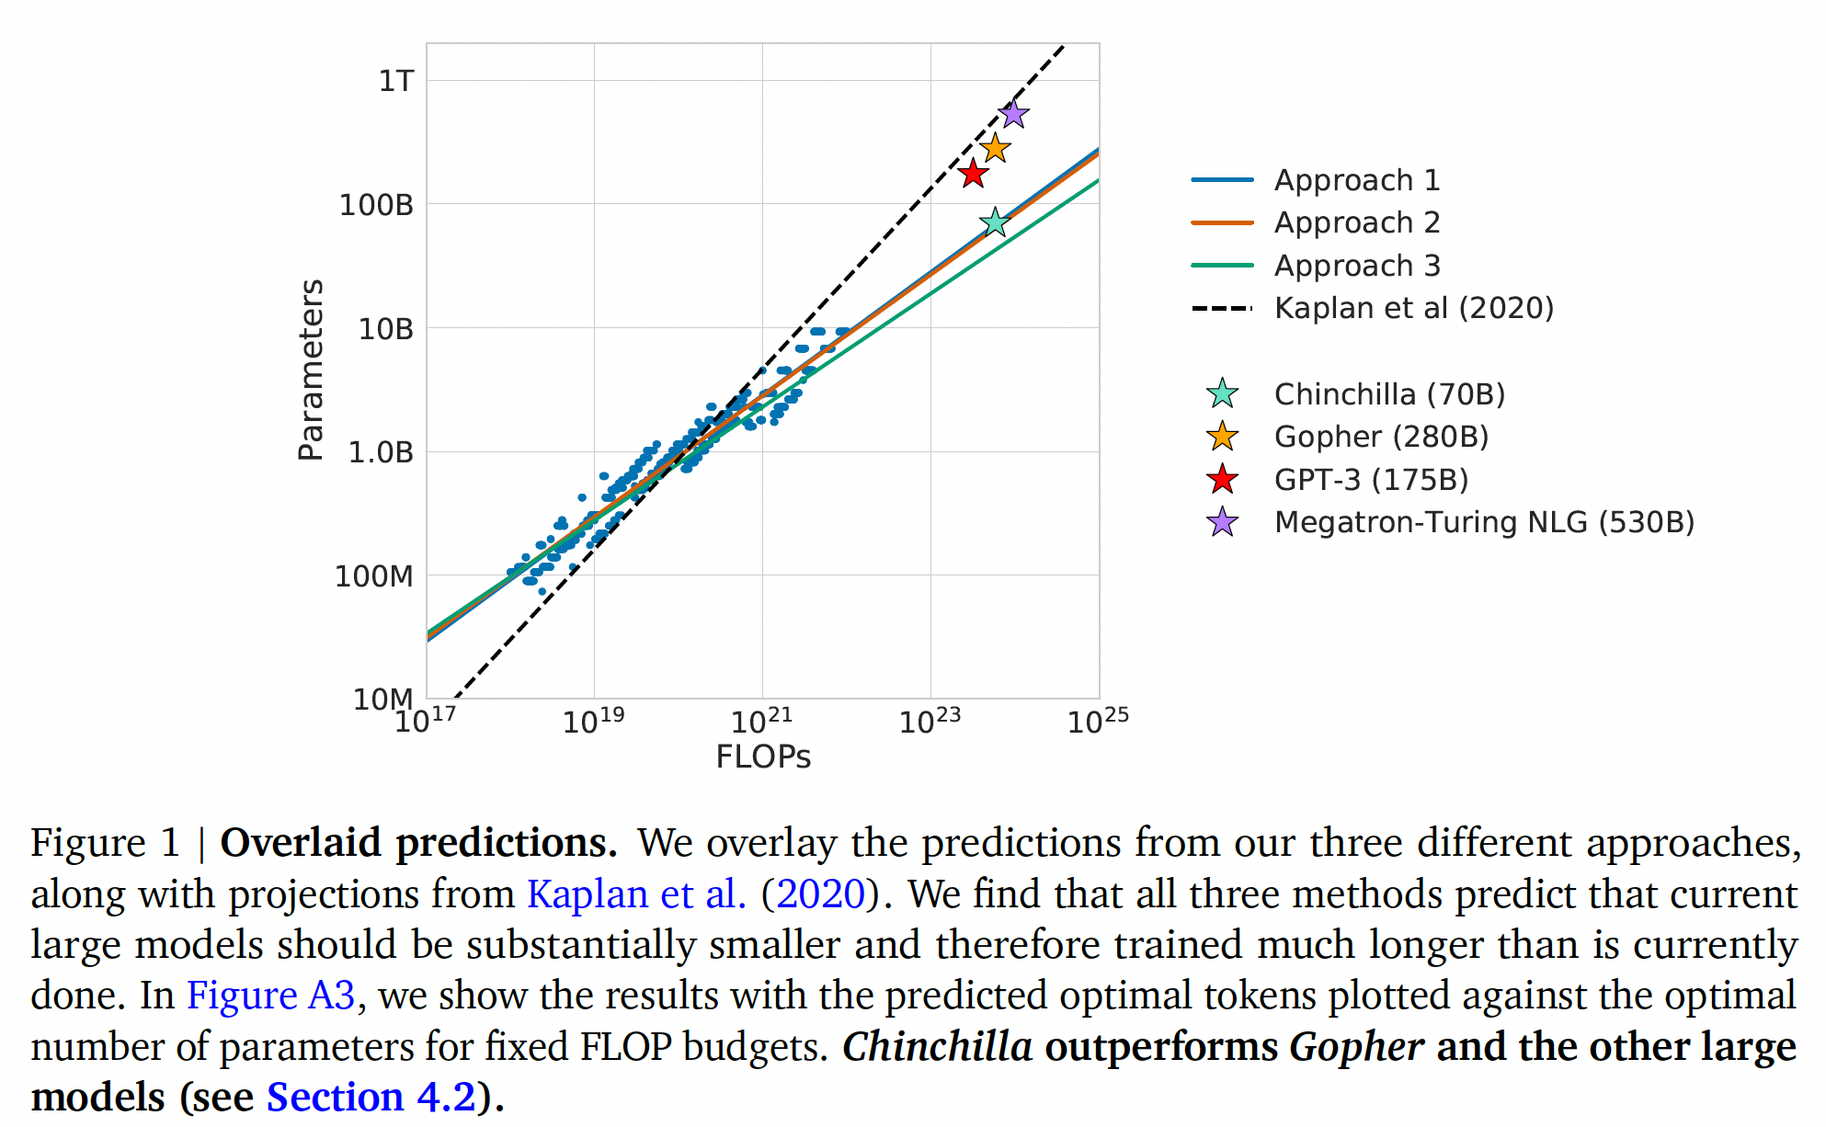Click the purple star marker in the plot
tap(1013, 114)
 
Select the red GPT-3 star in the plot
tap(973, 173)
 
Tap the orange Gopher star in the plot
tap(995, 147)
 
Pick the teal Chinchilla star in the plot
tap(995, 222)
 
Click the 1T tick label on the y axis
tap(396, 81)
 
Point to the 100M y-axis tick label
tap(374, 576)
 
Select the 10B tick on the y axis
tap(386, 329)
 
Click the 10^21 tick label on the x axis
tap(760, 721)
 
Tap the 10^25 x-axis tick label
tap(1097, 721)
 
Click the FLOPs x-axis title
tap(763, 757)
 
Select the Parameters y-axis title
tap(312, 370)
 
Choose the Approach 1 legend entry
tap(1356, 180)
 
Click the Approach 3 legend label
tap(1356, 266)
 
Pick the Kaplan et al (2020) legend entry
tap(1413, 308)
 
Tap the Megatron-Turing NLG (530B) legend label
tap(1484, 522)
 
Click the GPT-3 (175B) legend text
tap(1371, 480)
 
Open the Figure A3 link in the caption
tap(270, 996)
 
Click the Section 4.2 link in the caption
tap(371, 1098)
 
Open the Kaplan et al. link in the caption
tap(636, 894)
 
